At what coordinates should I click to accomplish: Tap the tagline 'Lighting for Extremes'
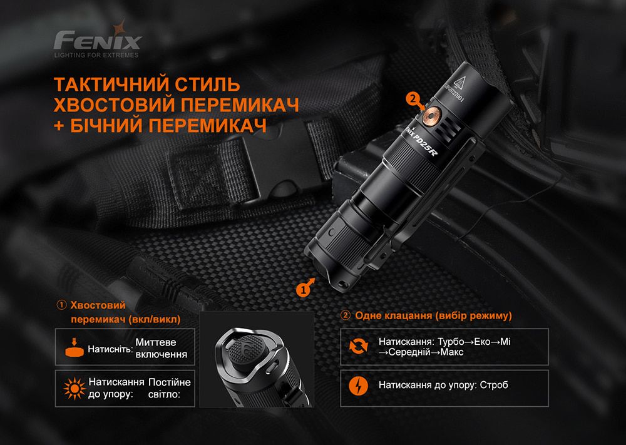(x=97, y=56)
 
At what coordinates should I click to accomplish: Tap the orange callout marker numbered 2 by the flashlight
(x=411, y=99)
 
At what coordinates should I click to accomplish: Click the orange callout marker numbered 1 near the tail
(x=304, y=289)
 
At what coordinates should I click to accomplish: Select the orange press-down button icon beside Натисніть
(x=74, y=347)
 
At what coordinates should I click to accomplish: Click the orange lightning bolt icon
(x=358, y=384)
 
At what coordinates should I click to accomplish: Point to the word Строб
(x=495, y=385)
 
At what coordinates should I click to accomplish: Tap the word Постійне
(x=170, y=382)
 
